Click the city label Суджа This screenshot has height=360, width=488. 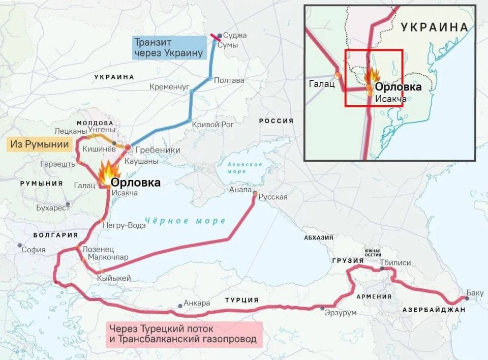pos(235,36)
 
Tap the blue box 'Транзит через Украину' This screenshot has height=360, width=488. pos(168,47)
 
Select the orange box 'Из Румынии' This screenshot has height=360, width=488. pos(39,144)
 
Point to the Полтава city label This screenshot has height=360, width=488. pos(229,80)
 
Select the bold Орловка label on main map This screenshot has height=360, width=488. pos(135,183)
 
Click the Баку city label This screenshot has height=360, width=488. pos(475,293)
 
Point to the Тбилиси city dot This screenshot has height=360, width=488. pos(382,268)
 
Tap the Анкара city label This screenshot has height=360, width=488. pos(197,303)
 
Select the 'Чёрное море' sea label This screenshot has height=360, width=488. pos(185,221)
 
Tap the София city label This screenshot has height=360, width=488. pos(34,250)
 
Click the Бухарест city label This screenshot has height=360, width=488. pos(52,208)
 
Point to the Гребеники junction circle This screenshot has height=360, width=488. pos(128,147)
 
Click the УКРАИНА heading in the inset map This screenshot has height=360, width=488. pos(434,27)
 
